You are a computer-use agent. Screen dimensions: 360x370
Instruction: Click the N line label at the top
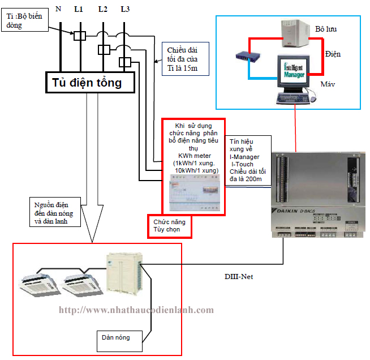click(59, 8)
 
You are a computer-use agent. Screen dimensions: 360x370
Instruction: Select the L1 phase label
click(79, 8)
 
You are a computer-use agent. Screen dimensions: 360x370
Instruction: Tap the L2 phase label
click(102, 8)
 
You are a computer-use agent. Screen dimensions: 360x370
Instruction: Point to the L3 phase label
click(126, 8)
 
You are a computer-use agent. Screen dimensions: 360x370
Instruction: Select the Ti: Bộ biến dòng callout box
click(25, 22)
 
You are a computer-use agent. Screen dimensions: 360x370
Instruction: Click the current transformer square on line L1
click(80, 36)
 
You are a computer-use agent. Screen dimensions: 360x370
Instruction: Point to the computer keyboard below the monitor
click(294, 98)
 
